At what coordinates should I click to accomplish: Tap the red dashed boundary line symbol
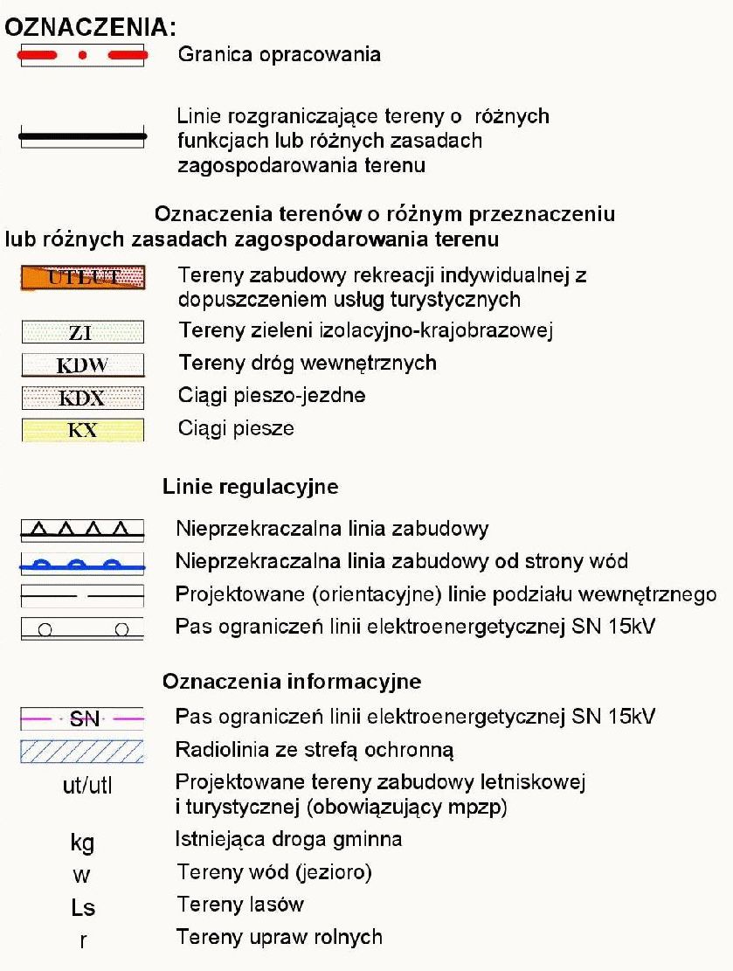click(83, 55)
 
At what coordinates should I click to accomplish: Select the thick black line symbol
click(83, 137)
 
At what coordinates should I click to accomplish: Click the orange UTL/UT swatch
click(83, 277)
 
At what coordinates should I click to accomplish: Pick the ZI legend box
click(83, 331)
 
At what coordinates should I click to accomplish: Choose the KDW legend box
click(83, 364)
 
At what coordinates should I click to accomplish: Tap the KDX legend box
click(83, 398)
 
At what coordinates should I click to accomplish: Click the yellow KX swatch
click(83, 429)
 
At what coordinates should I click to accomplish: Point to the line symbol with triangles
click(83, 528)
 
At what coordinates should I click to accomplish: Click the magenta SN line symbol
click(83, 718)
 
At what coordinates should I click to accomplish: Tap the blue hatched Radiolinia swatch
click(83, 751)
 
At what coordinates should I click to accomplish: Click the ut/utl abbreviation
click(83, 785)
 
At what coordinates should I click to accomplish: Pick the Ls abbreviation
click(83, 906)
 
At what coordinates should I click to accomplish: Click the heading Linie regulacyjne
click(250, 487)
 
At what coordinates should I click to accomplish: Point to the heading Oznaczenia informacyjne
click(292, 682)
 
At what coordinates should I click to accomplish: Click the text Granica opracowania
click(279, 54)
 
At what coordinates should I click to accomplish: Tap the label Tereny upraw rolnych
click(280, 937)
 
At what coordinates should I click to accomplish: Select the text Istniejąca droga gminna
click(289, 839)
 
